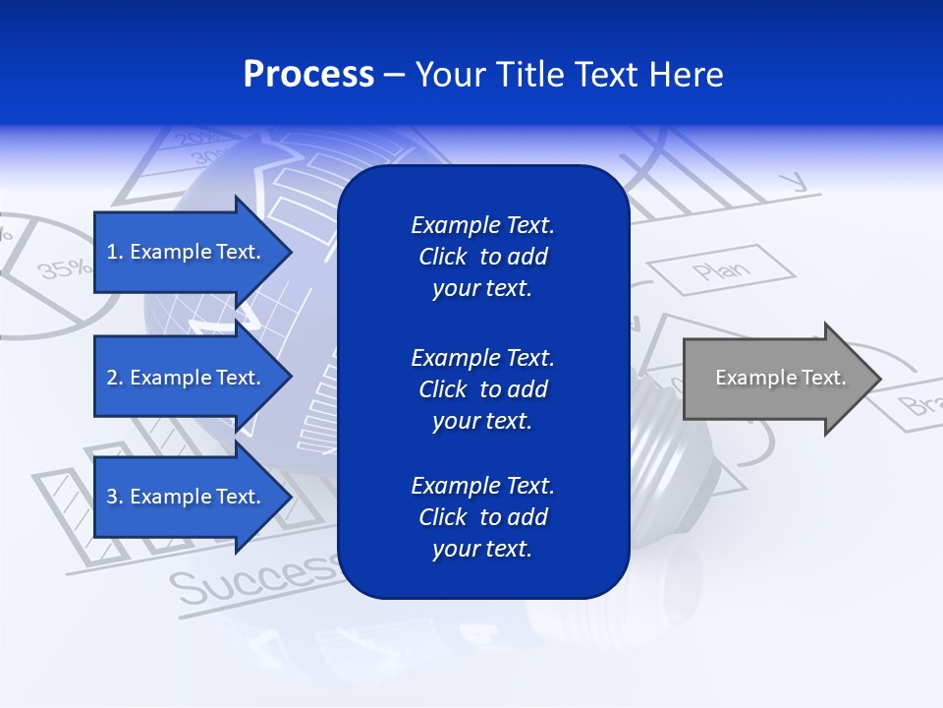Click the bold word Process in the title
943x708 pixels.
coord(308,75)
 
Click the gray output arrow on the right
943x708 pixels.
coord(776,379)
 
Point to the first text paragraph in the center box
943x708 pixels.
coord(482,257)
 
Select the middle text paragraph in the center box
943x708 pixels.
coord(482,389)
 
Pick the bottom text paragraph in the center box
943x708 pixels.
coord(482,517)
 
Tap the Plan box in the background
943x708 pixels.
coord(721,270)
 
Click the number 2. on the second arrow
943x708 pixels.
coord(115,378)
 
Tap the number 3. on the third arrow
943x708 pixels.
coord(115,497)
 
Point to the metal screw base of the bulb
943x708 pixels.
coord(678,433)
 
